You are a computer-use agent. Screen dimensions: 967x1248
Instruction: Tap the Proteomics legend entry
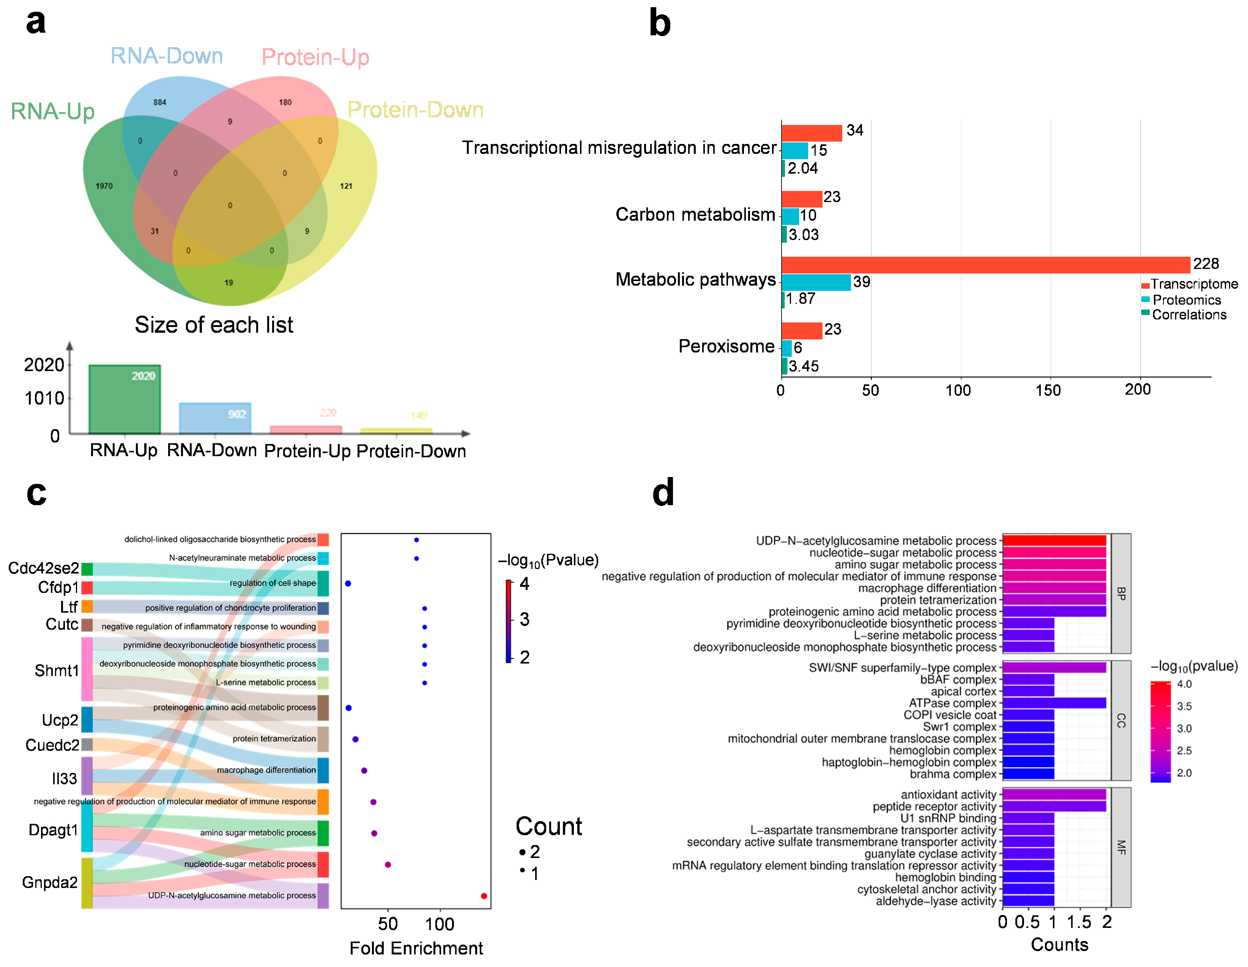pyautogui.click(x=1186, y=300)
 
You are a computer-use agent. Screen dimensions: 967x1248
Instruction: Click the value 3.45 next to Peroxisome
pyautogui.click(x=804, y=366)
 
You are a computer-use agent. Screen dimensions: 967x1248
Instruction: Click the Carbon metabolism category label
pyautogui.click(x=695, y=215)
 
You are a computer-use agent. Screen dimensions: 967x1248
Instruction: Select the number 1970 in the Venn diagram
pyautogui.click(x=104, y=186)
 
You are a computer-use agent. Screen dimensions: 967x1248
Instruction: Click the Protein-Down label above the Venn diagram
pyautogui.click(x=415, y=110)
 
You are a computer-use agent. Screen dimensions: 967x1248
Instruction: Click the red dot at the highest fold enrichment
pyautogui.click(x=484, y=896)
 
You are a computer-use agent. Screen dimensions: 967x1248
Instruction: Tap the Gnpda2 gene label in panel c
pyautogui.click(x=50, y=882)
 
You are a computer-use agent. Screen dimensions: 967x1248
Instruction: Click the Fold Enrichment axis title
pyautogui.click(x=416, y=948)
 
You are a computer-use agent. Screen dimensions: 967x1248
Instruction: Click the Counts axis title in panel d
pyautogui.click(x=1059, y=945)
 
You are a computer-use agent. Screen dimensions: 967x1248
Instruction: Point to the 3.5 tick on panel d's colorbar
pyautogui.click(x=1184, y=706)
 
